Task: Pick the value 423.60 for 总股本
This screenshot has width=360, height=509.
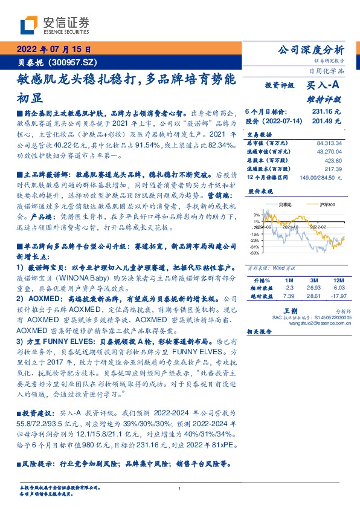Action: pyautogui.click(x=333, y=161)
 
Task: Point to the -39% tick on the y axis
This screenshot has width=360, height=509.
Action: pyautogui.click(x=256, y=253)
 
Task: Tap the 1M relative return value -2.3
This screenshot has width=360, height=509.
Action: pyautogui.click(x=288, y=289)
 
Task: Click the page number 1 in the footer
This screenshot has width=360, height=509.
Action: pyautogui.click(x=180, y=488)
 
